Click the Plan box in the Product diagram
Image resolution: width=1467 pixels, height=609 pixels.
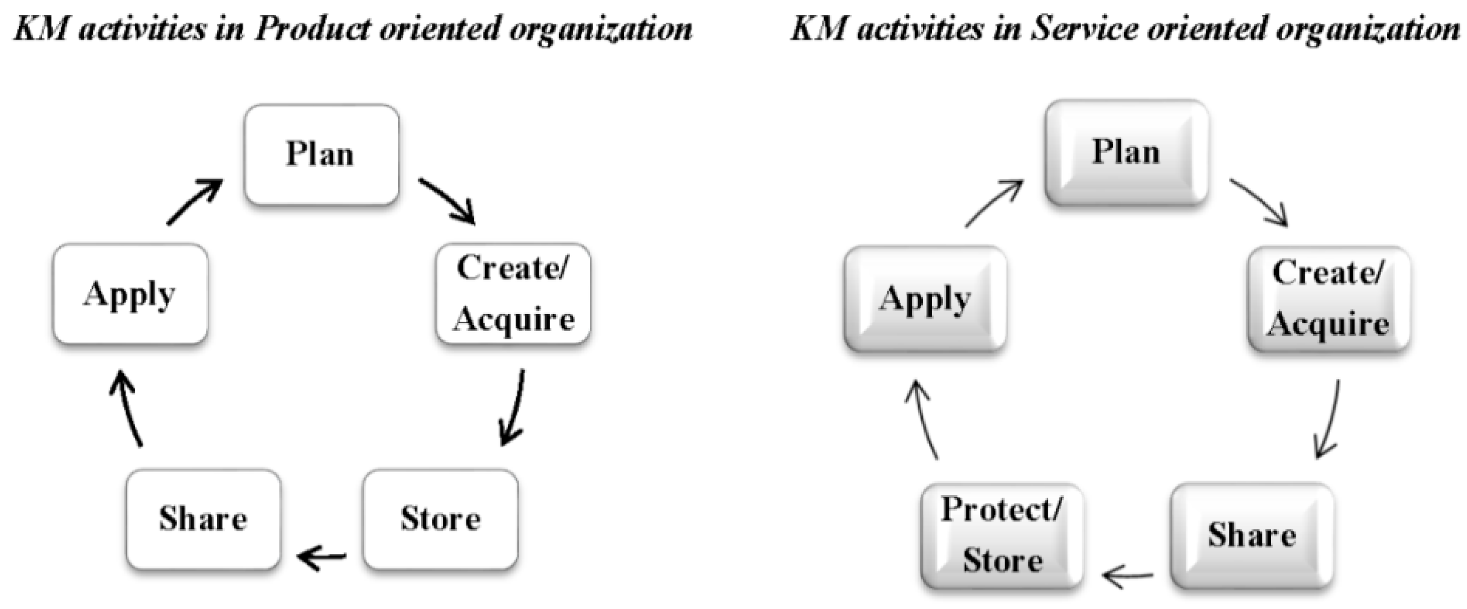[x=322, y=154]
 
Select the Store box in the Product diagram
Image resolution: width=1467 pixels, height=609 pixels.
[x=440, y=519]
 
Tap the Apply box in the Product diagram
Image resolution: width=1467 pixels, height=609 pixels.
[x=131, y=294]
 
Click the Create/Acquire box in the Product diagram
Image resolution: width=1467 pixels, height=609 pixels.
[x=513, y=294]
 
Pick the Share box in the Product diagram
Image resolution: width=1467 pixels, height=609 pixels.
[x=203, y=519]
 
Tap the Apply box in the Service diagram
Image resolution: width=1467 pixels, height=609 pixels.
[x=925, y=299]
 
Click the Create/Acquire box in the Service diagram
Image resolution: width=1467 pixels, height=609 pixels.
[x=1329, y=299]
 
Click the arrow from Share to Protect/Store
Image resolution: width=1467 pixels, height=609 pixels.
[x=1128, y=577]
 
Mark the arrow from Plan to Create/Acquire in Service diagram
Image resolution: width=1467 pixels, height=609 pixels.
[x=1259, y=202]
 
